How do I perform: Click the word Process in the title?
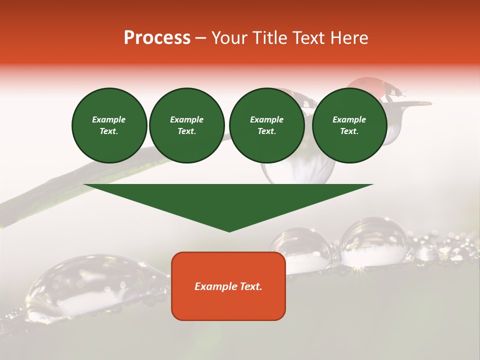(x=157, y=38)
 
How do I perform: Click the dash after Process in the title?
(x=200, y=38)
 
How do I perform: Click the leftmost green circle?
(x=109, y=125)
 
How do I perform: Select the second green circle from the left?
(x=186, y=125)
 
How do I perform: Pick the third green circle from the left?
(x=266, y=125)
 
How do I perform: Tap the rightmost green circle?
(x=349, y=125)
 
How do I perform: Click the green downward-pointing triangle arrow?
(x=228, y=202)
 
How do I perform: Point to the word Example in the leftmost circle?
(x=109, y=119)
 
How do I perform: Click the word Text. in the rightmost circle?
(x=349, y=131)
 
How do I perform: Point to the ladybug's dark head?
(x=398, y=92)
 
